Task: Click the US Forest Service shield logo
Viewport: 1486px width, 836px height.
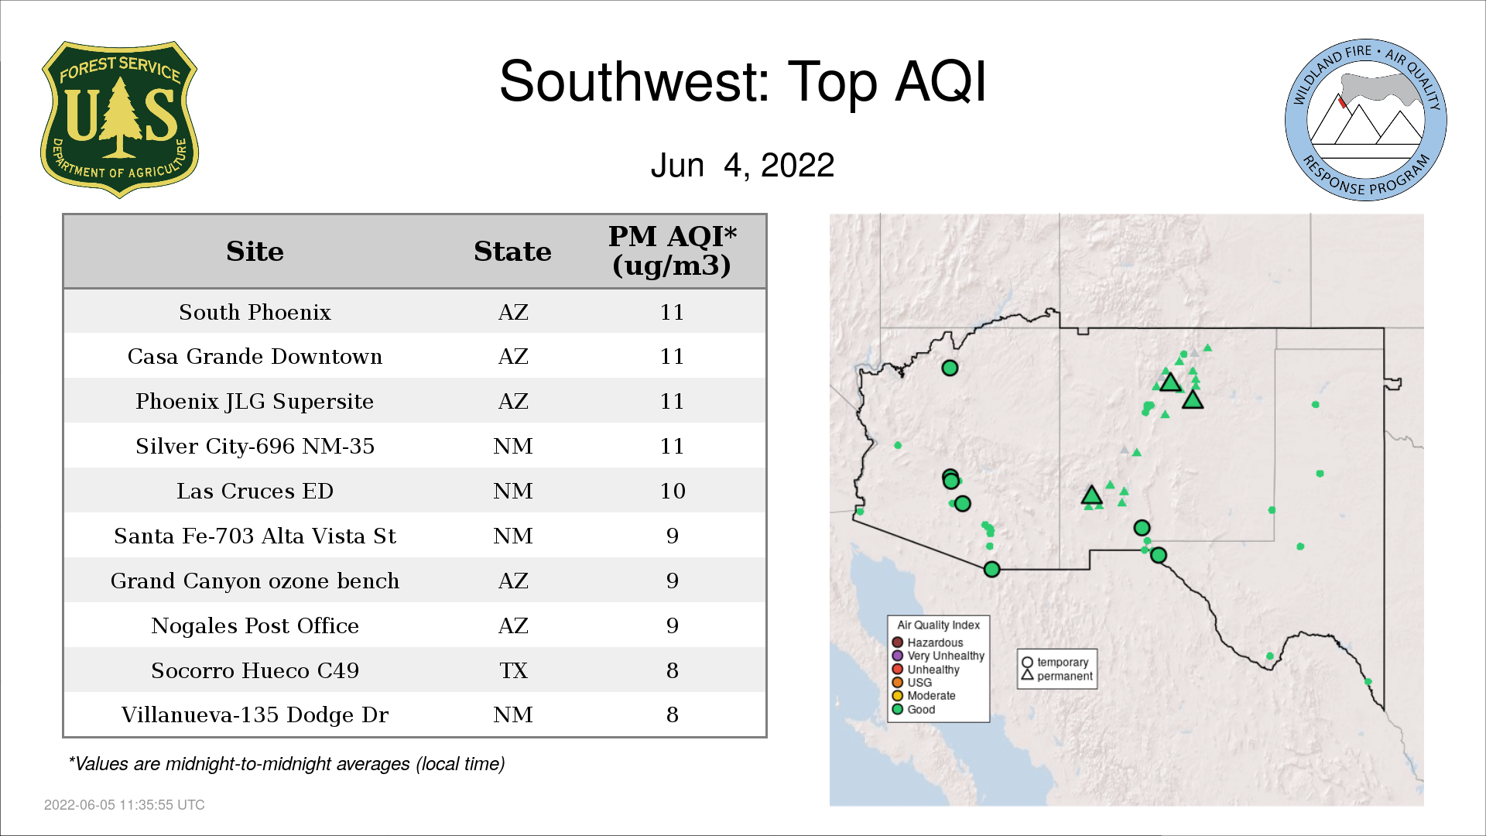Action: pos(119,120)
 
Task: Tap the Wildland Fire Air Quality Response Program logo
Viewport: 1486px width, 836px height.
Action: pos(1365,120)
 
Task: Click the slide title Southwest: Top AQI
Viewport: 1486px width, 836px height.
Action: pos(743,81)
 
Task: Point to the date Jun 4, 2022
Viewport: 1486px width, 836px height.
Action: pos(742,165)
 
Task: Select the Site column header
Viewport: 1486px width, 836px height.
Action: pos(255,252)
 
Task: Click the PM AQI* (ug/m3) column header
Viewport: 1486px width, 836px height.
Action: pos(672,251)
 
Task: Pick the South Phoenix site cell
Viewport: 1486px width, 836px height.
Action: pos(255,312)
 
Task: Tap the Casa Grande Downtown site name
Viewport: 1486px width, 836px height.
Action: pos(255,356)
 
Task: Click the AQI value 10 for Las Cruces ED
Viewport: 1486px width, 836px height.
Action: pos(673,491)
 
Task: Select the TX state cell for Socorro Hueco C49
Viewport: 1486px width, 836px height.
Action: pos(513,670)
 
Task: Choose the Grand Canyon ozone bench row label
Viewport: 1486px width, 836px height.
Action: pos(255,581)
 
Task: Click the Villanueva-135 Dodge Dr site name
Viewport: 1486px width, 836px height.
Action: pos(255,714)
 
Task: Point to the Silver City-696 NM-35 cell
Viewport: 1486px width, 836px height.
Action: pos(255,446)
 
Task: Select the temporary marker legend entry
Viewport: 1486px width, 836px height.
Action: pos(1055,663)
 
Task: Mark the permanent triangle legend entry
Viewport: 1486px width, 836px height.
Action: pos(1056,676)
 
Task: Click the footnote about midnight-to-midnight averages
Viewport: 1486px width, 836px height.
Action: pos(286,764)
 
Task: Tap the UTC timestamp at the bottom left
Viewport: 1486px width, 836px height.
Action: pos(125,805)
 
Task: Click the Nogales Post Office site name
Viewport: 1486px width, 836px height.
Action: pos(255,625)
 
